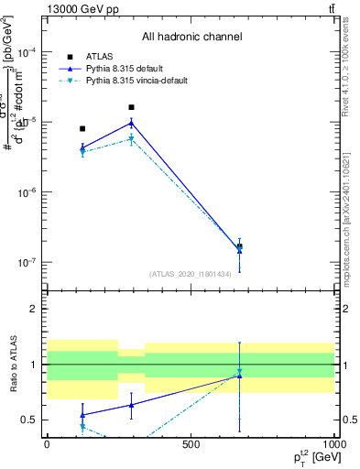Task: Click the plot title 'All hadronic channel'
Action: pyautogui.click(x=191, y=37)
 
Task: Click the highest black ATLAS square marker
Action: pyautogui.click(x=131, y=107)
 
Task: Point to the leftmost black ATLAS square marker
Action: pyautogui.click(x=82, y=129)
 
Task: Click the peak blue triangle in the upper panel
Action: pyautogui.click(x=131, y=123)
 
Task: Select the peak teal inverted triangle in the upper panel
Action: pyautogui.click(x=131, y=139)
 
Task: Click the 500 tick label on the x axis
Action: pyautogui.click(x=191, y=445)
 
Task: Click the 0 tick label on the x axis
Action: pyautogui.click(x=47, y=445)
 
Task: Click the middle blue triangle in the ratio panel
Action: pyautogui.click(x=131, y=404)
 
